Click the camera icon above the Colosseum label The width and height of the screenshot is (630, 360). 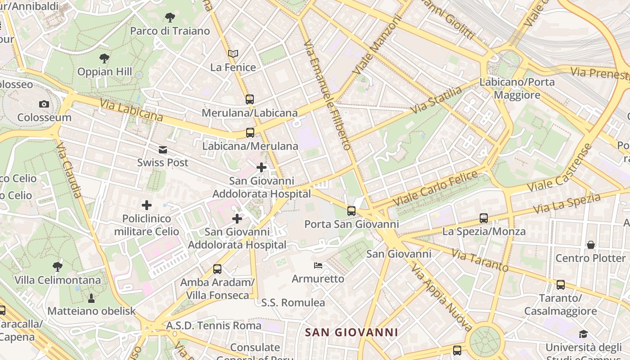pos(44,104)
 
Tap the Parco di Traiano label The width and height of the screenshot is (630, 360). pos(170,31)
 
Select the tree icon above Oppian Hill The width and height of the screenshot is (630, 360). pos(104,58)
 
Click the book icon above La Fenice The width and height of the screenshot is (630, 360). pos(233,54)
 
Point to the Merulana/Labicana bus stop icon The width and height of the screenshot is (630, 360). pos(249,99)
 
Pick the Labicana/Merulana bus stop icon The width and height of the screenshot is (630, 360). pos(250,133)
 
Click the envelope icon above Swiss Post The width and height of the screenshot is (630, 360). pos(162,150)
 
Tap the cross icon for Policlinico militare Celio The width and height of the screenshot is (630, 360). pos(147,205)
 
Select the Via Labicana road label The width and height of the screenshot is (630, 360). pos(131,111)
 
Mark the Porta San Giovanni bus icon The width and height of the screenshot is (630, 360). pos(351,211)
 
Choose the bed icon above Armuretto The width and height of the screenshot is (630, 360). pos(318,265)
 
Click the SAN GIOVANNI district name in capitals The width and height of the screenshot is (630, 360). pos(351,333)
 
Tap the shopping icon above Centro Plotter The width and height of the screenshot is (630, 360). pos(590,245)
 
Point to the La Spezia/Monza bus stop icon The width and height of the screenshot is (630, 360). pos(484,218)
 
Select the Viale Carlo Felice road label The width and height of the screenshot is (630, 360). pos(435,188)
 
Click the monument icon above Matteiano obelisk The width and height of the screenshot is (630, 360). pos(91,298)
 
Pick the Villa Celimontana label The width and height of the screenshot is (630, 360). pos(58,280)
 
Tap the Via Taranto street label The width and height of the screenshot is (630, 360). pos(480,261)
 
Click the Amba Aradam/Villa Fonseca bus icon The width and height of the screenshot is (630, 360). pos(217,269)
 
